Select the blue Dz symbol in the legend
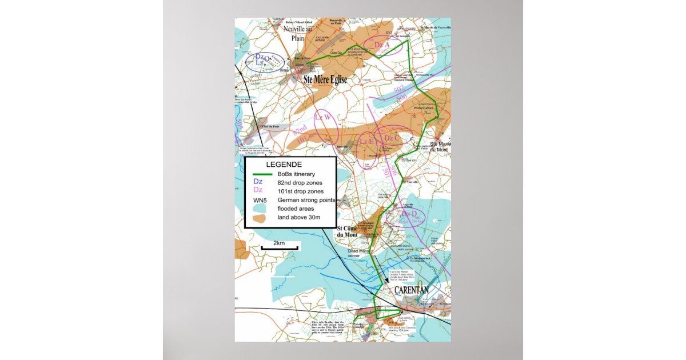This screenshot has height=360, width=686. click(258, 182)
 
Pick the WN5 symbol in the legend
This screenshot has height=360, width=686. click(260, 200)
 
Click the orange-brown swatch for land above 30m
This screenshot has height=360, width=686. click(260, 218)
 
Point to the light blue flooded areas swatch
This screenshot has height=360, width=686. click(259, 209)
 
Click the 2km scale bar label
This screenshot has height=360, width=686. click(279, 243)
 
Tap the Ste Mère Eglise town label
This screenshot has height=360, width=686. click(325, 81)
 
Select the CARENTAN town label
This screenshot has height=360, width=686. click(412, 290)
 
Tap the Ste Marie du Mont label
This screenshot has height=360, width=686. click(440, 147)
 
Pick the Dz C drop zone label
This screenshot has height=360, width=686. click(392, 138)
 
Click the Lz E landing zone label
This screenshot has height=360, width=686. click(366, 142)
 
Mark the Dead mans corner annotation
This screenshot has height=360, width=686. click(359, 254)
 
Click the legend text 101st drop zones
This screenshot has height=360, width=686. click(300, 191)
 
